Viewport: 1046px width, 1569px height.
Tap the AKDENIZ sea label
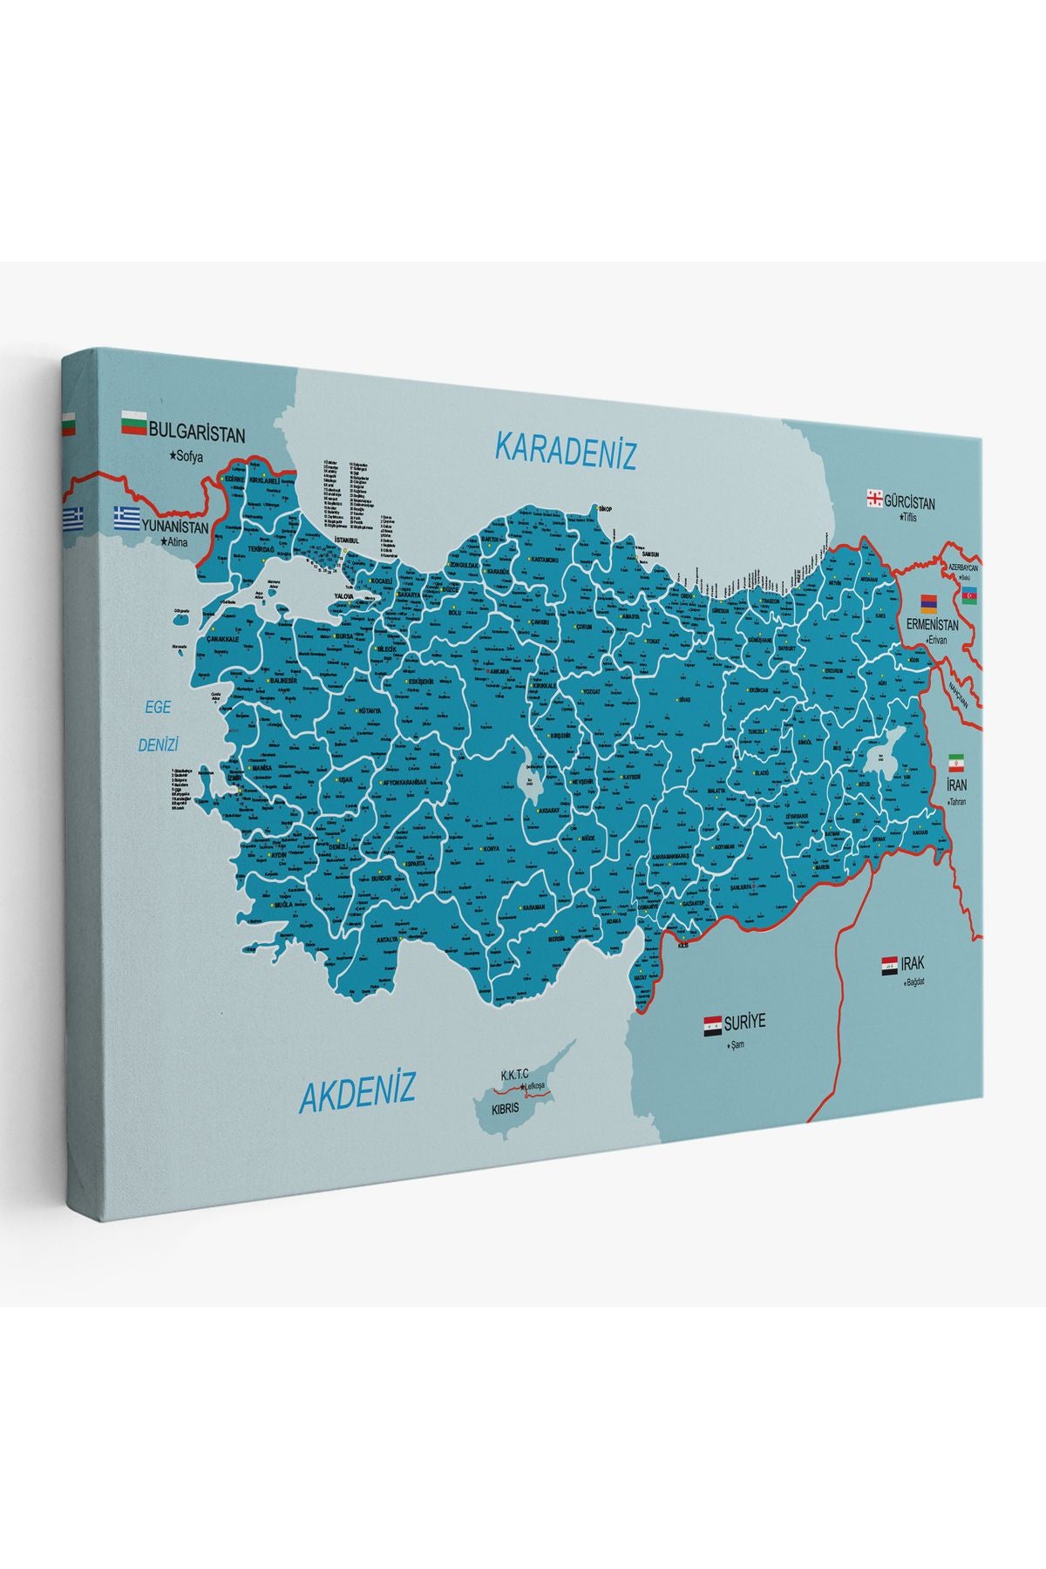click(357, 1092)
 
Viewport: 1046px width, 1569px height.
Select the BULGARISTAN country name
click(198, 431)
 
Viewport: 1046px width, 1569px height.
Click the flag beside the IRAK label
click(889, 965)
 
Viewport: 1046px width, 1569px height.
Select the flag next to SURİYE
click(712, 1023)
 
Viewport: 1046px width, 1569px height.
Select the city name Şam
click(739, 1043)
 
